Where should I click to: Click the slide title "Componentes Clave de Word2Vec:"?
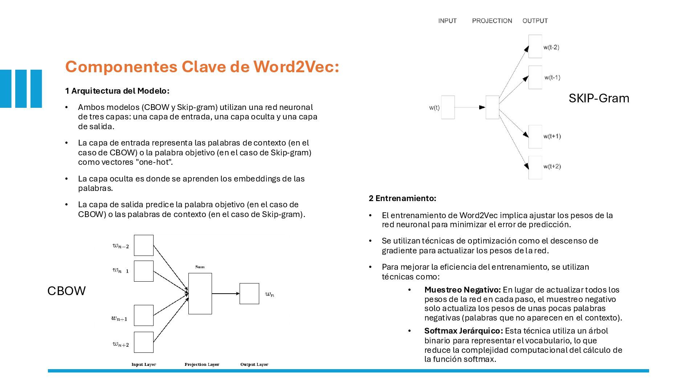[202, 67]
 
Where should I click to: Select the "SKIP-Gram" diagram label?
[599, 98]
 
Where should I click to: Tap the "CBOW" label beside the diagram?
[66, 291]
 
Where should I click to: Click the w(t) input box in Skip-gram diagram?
[448, 107]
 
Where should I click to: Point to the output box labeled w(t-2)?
[535, 46]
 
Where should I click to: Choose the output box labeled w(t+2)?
[535, 167]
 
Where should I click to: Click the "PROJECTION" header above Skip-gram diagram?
[492, 21]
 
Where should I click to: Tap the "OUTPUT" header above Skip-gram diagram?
[535, 21]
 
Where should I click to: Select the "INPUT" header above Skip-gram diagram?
[447, 21]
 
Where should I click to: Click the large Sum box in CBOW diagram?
[200, 294]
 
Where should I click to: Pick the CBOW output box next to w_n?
[249, 294]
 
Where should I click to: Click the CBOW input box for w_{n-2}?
[144, 245]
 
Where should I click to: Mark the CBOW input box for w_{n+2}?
[144, 342]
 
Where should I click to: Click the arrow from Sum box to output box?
[225, 294]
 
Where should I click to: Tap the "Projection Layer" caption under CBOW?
[202, 364]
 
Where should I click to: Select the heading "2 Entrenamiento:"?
[402, 198]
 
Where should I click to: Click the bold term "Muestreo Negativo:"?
[462, 290]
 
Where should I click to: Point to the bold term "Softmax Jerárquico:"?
[463, 331]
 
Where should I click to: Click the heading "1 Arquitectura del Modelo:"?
[117, 91]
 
